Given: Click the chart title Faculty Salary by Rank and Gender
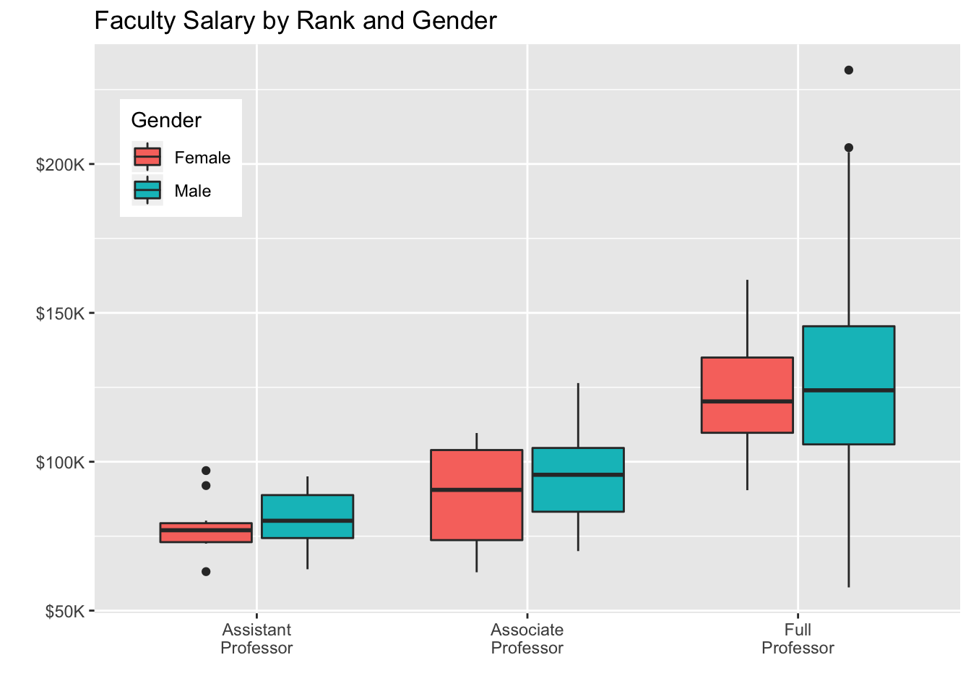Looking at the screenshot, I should [x=295, y=21].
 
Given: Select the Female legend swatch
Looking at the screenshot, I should [x=147, y=157].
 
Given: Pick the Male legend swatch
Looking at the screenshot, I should [x=147, y=190].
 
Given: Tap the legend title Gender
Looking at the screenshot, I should [x=166, y=120].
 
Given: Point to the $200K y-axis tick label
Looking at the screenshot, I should [x=61, y=164].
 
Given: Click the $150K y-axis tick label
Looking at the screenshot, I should [x=61, y=313].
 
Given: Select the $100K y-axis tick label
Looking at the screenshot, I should [x=61, y=462].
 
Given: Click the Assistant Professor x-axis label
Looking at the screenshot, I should [x=256, y=638].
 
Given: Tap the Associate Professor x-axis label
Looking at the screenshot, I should [x=527, y=638].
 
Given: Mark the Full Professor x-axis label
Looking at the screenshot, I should [x=798, y=638].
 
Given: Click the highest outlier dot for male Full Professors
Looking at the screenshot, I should [x=849, y=70].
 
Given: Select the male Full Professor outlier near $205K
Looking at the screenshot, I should [x=849, y=147].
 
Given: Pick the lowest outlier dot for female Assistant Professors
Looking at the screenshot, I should [x=206, y=571].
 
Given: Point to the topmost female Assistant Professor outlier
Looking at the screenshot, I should [x=206, y=470].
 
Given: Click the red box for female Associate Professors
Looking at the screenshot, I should [x=477, y=513].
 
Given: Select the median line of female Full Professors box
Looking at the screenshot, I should [x=747, y=401].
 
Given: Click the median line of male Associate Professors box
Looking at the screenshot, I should [x=578, y=474].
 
